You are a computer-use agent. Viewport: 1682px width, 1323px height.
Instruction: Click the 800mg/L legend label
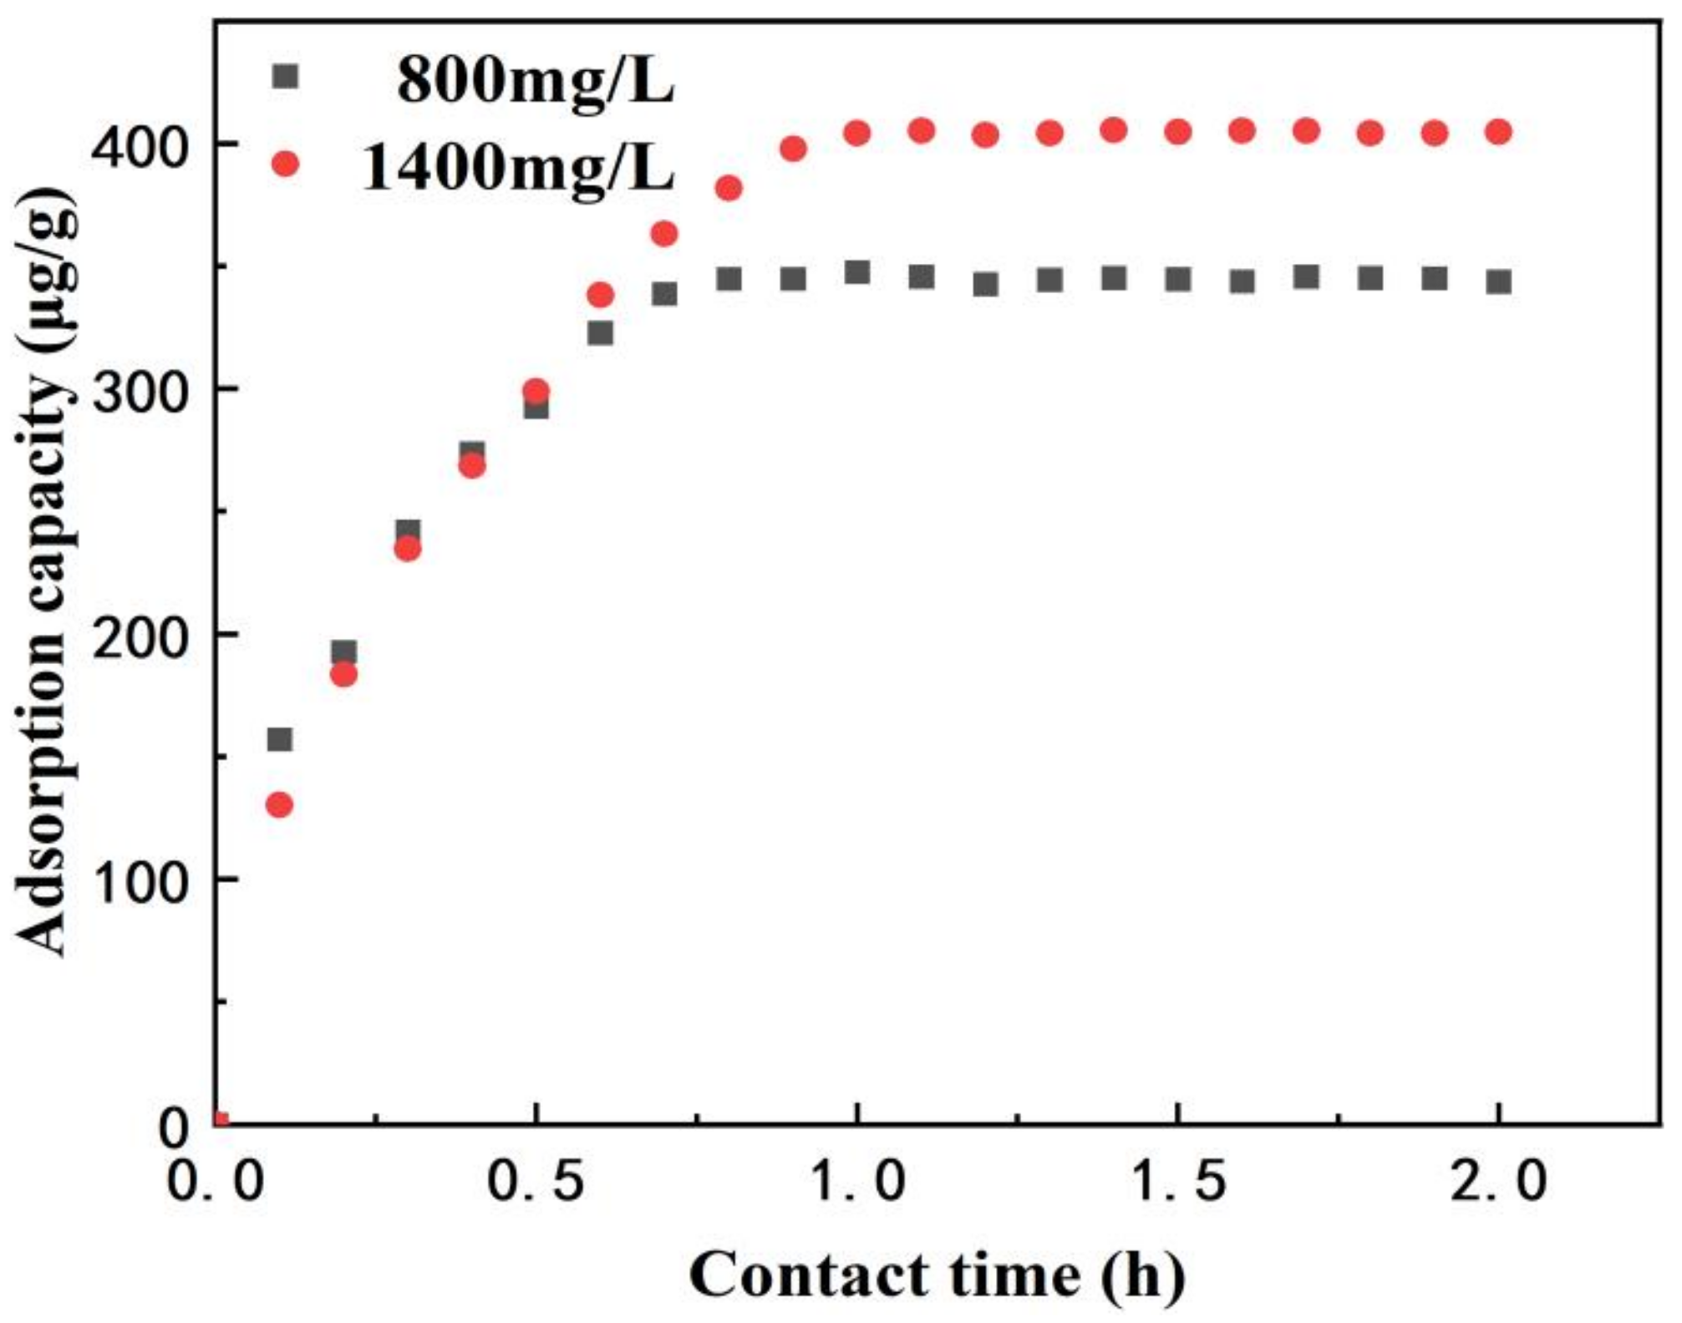(x=535, y=82)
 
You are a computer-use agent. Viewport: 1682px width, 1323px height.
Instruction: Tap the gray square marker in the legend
(x=285, y=77)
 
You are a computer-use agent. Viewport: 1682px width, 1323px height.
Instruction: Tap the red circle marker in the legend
(x=285, y=164)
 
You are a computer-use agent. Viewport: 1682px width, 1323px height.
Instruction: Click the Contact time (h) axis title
(x=937, y=1276)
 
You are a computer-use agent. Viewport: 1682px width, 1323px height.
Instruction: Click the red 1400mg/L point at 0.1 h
(x=279, y=805)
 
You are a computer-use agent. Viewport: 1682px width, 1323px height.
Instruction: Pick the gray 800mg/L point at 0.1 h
(x=279, y=739)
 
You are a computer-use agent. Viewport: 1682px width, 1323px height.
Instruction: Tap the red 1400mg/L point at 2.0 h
(x=1499, y=132)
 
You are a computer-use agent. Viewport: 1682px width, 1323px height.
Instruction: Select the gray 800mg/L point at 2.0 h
(x=1499, y=282)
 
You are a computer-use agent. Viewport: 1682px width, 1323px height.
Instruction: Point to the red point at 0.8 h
(x=729, y=188)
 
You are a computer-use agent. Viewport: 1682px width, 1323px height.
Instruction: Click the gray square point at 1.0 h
(x=857, y=272)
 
